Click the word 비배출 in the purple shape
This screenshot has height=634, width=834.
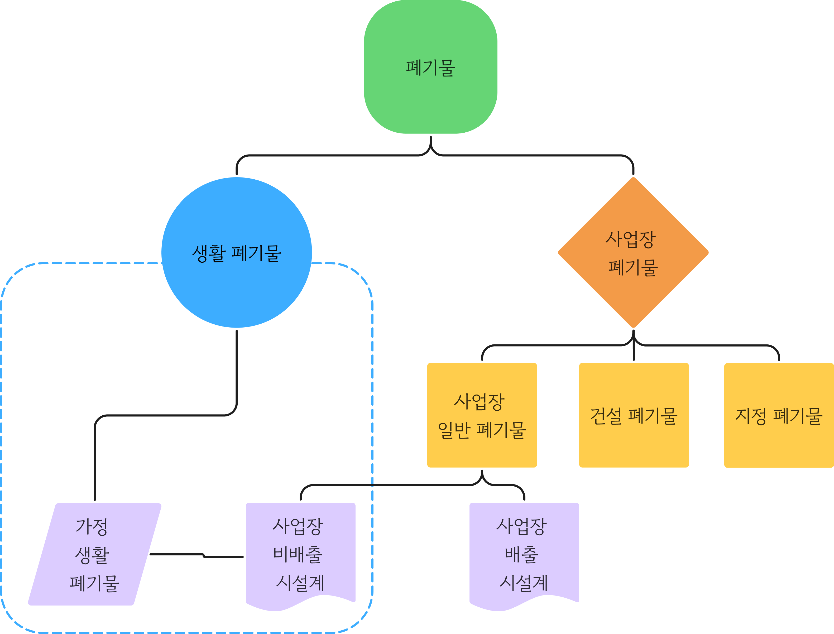point(298,555)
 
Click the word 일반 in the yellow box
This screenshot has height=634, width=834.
point(454,430)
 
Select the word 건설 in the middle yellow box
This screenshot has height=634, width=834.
point(606,416)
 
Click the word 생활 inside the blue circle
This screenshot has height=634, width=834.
point(209,253)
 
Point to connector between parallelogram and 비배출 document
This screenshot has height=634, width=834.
point(196,555)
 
